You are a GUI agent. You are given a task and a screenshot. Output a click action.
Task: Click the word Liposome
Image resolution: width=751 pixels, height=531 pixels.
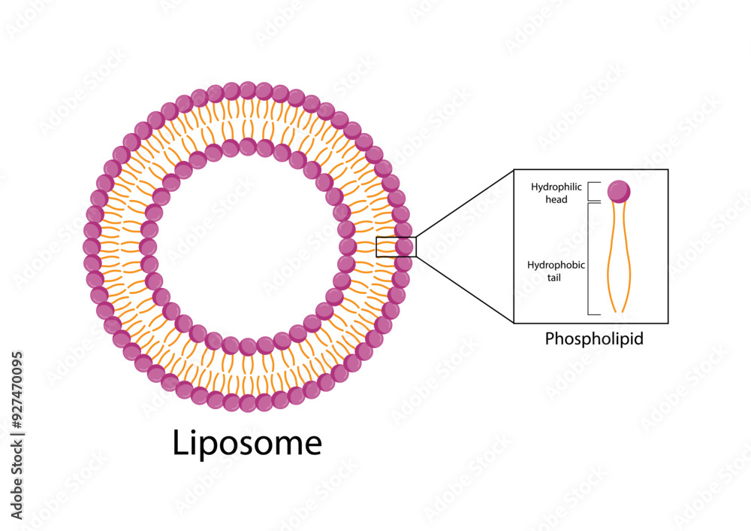point(247,443)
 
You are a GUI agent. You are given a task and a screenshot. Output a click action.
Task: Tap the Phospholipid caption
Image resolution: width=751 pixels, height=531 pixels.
point(593,338)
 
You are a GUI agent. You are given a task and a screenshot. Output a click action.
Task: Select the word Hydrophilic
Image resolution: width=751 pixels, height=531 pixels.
point(556,187)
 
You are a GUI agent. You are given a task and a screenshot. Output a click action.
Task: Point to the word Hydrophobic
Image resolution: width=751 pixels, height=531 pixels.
point(556,265)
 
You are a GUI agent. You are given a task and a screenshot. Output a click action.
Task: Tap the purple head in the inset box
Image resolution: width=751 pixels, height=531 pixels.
point(619,192)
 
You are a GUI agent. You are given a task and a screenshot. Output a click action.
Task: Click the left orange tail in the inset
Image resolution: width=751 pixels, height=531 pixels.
point(612,256)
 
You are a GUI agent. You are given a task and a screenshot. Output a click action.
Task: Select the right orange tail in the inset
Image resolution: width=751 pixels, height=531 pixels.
point(627,256)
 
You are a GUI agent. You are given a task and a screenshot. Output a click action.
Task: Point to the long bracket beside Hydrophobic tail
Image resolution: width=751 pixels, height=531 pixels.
point(588,258)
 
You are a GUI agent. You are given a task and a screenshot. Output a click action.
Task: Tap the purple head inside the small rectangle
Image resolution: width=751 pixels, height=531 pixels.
point(405,246)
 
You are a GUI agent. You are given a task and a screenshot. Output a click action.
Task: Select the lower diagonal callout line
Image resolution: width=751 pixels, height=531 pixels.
point(464,290)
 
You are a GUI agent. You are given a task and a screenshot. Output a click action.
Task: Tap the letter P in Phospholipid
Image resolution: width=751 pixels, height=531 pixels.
point(550,338)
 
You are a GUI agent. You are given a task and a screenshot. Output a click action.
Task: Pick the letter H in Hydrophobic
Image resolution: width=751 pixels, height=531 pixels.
point(531,265)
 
